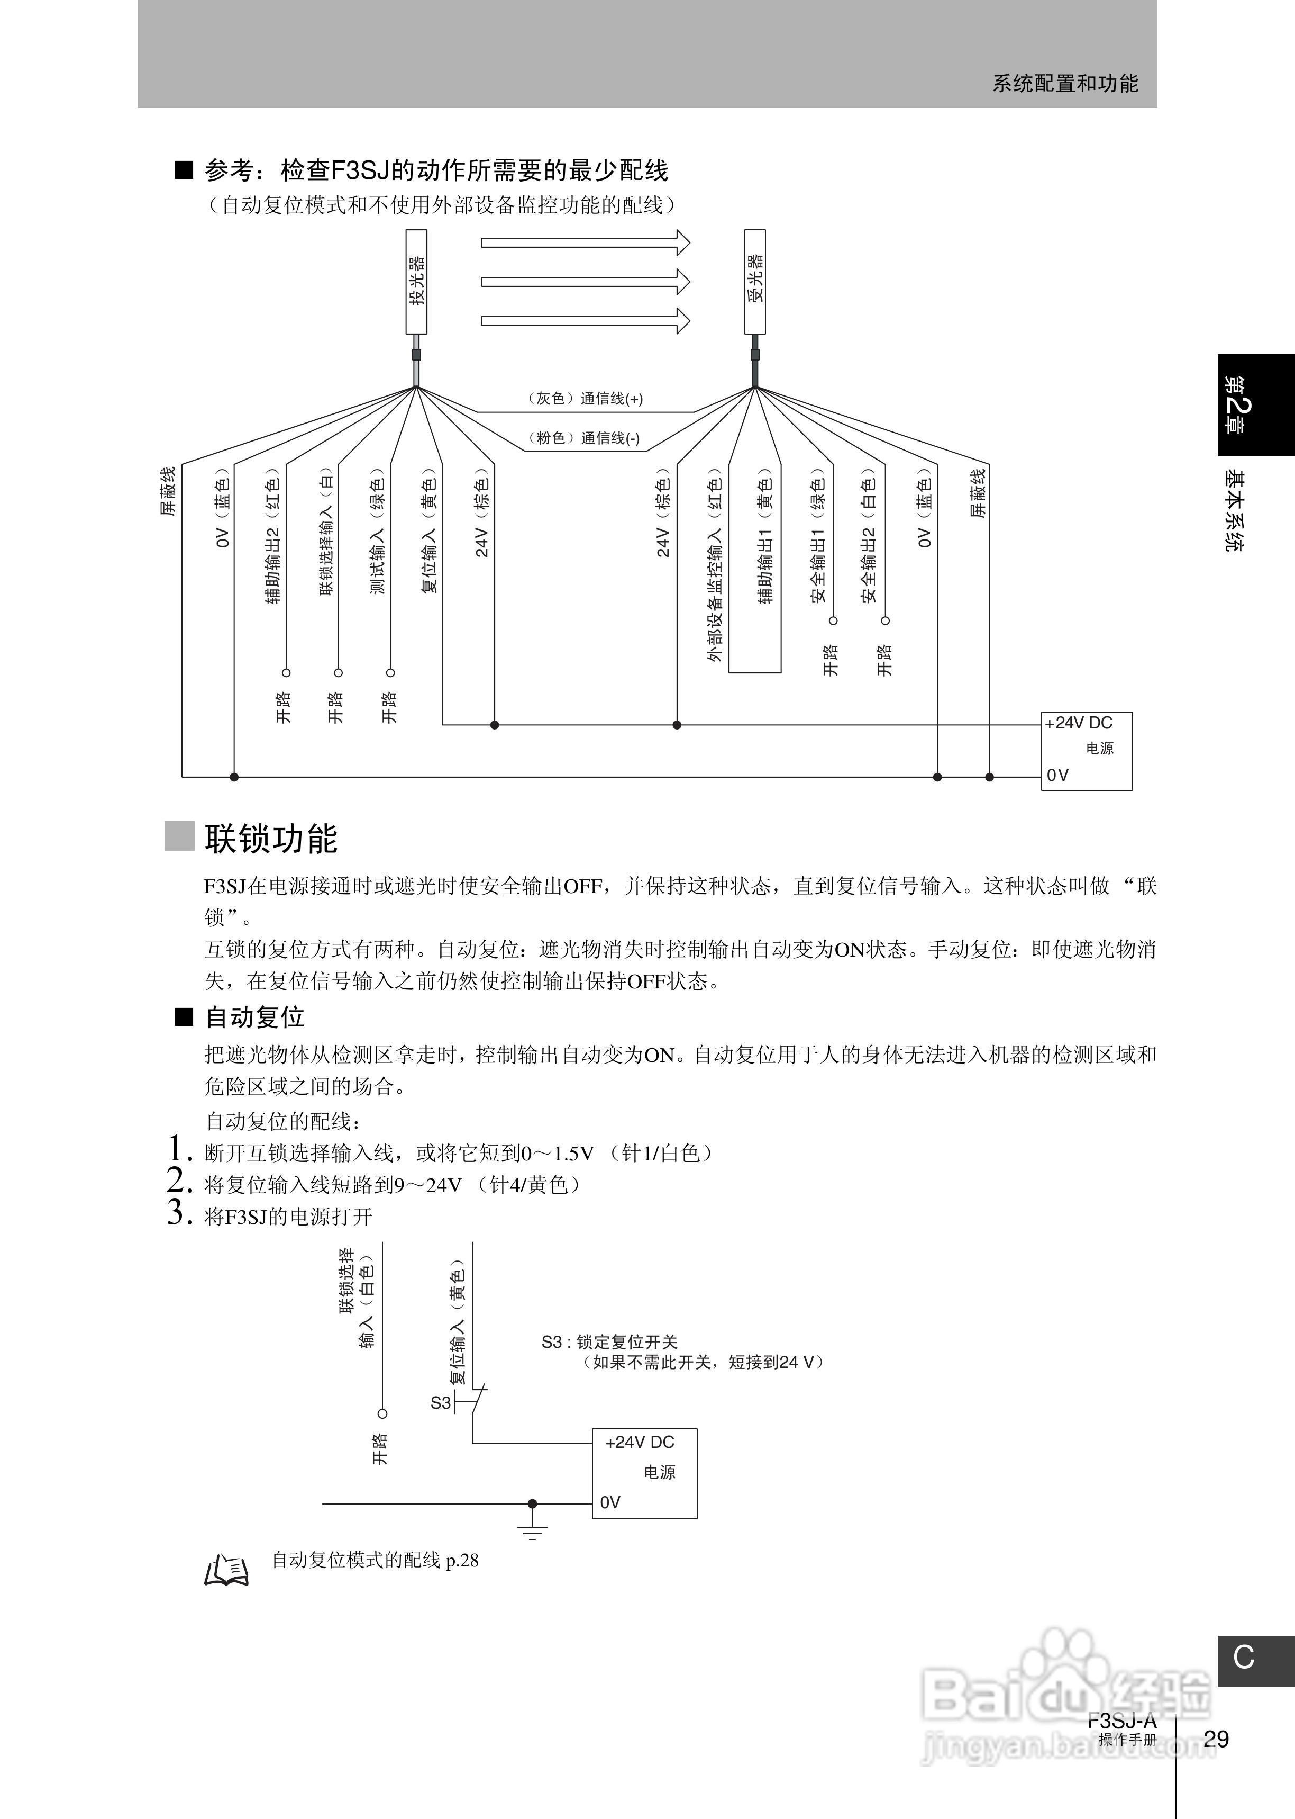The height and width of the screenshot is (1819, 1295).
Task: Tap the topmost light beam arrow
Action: pos(585,242)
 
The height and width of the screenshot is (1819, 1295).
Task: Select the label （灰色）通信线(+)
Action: pos(585,398)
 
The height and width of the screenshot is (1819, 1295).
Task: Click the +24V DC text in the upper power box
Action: pos(1078,723)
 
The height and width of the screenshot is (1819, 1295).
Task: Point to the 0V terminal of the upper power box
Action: pos(1057,775)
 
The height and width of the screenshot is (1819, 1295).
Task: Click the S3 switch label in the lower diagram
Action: pos(440,1402)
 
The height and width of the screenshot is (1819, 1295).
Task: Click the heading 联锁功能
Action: pos(271,838)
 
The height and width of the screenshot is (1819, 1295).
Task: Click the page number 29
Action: pos(1216,1739)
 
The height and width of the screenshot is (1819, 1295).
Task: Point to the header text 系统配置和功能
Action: pos(1064,84)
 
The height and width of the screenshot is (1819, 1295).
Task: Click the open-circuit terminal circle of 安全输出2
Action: pos(885,620)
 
